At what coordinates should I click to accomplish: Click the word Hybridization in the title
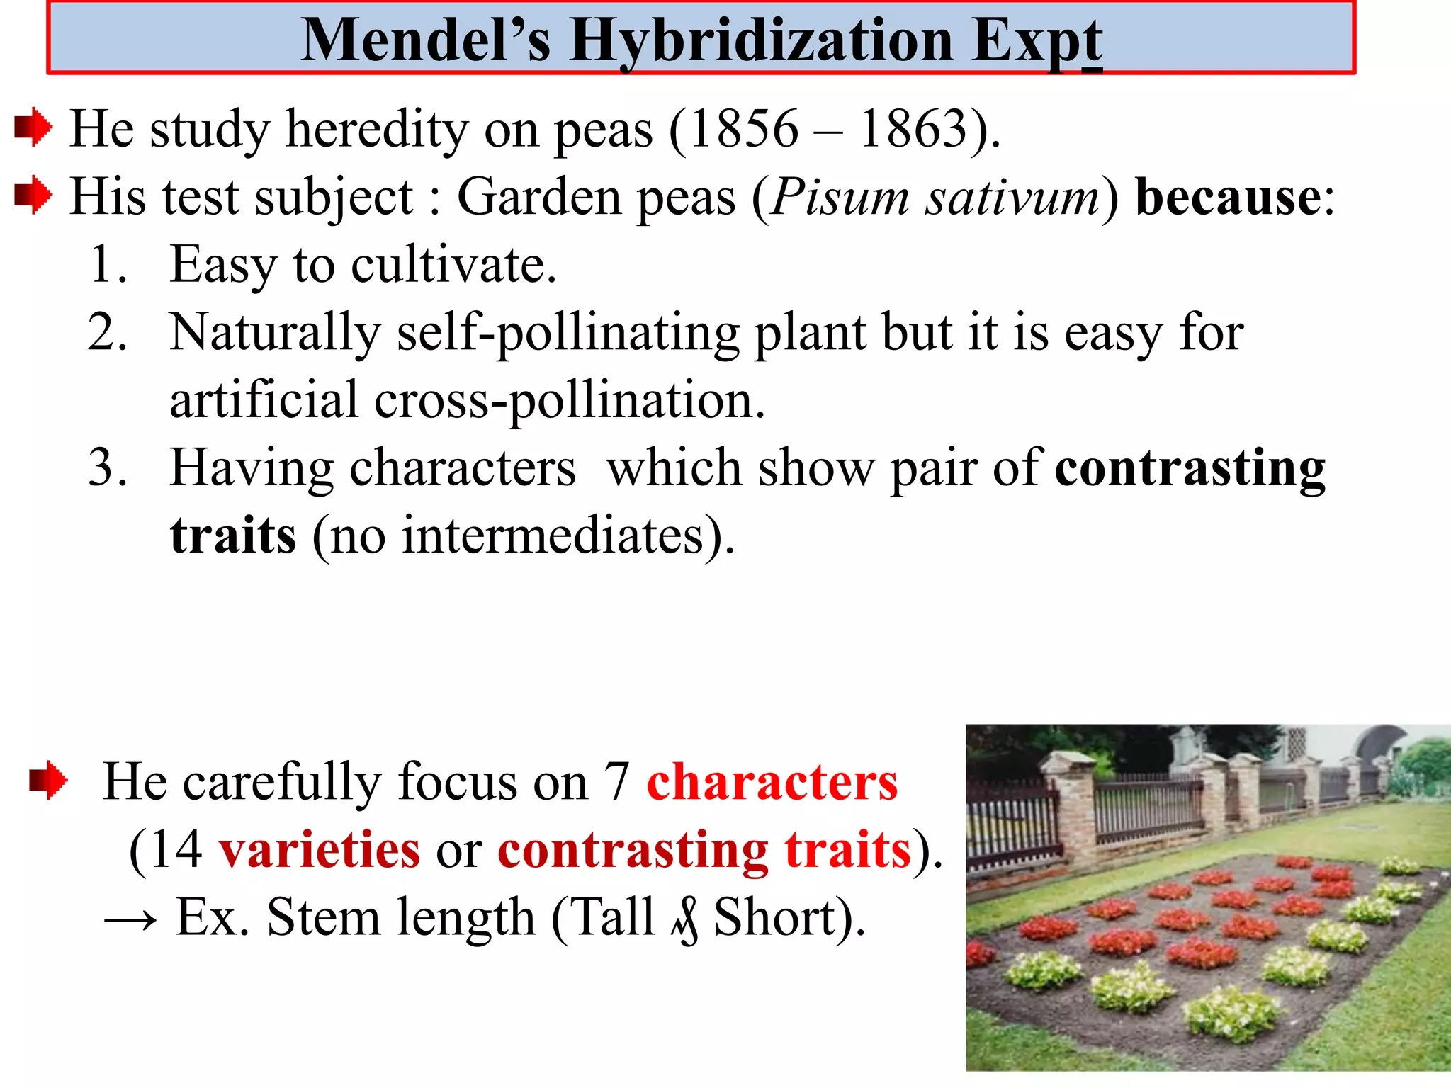(761, 41)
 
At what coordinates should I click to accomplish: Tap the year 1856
(744, 130)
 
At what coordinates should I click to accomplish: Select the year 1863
(914, 130)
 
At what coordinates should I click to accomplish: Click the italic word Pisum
(840, 197)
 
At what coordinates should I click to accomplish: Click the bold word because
(1229, 197)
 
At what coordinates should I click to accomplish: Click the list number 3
(107, 467)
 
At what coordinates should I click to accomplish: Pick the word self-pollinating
(567, 333)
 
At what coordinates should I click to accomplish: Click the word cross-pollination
(567, 401)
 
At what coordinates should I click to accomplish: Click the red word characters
(772, 782)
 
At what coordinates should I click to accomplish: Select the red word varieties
(319, 850)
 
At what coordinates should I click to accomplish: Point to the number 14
(176, 850)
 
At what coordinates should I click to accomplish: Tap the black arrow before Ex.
(130, 920)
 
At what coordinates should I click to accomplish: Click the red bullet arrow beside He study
(33, 128)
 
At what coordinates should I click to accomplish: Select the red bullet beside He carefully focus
(48, 781)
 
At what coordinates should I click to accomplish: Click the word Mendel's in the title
(425, 41)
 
